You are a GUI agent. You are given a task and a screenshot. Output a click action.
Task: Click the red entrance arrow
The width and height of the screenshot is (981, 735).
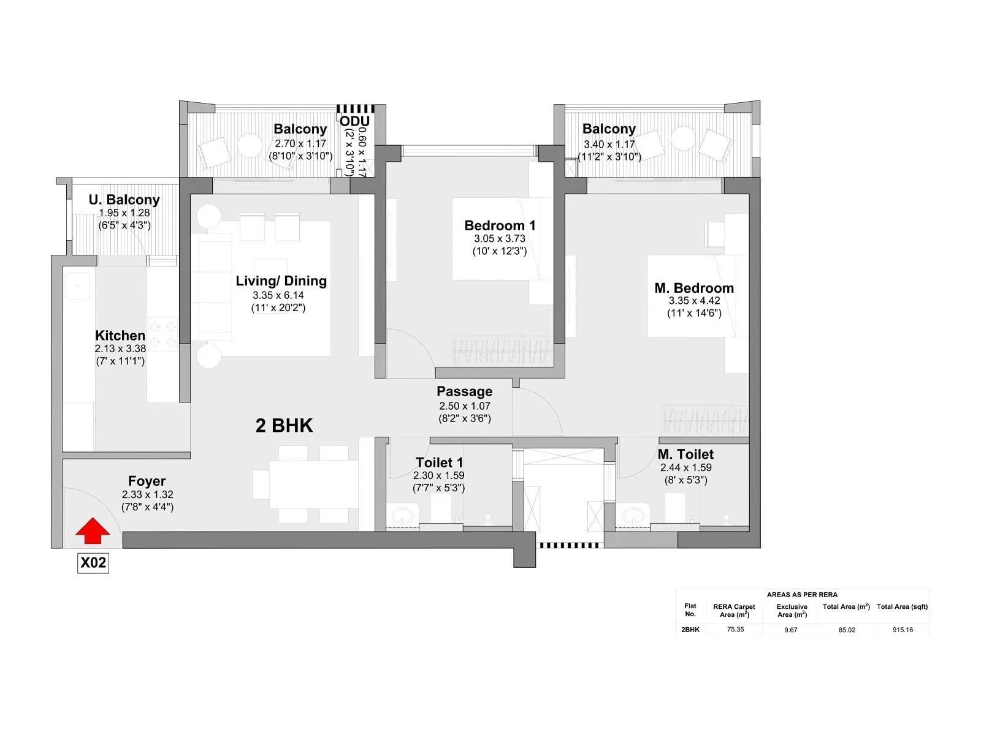click(93, 530)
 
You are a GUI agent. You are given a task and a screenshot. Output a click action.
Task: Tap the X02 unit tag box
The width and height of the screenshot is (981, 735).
click(93, 562)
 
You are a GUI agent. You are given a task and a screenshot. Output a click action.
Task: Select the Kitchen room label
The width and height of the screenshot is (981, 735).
click(120, 336)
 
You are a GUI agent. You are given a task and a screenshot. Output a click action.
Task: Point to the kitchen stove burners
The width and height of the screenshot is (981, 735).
click(162, 333)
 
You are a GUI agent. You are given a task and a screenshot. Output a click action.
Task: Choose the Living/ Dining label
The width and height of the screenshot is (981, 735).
click(281, 281)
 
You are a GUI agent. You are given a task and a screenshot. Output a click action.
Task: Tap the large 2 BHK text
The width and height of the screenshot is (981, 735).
click(284, 425)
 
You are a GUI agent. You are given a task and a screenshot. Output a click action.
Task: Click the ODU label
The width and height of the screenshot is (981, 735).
click(354, 121)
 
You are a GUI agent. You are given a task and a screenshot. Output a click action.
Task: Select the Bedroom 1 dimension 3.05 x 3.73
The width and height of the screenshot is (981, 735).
click(499, 239)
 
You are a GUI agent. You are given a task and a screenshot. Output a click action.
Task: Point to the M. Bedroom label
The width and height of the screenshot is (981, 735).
click(694, 288)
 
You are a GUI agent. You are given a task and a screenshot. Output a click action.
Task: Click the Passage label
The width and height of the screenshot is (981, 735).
click(464, 391)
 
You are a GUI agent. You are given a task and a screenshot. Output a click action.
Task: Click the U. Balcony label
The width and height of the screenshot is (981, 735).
click(124, 200)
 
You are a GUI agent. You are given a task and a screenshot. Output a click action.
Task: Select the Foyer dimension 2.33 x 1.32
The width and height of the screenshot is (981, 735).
click(147, 494)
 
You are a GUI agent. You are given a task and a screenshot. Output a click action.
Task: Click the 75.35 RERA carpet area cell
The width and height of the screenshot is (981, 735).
click(735, 630)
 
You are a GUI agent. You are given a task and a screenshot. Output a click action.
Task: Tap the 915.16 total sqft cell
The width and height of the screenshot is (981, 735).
click(903, 630)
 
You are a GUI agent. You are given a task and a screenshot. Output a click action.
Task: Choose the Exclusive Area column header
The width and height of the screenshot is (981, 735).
click(792, 610)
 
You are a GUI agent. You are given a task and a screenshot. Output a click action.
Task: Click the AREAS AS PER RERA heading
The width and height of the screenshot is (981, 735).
click(802, 595)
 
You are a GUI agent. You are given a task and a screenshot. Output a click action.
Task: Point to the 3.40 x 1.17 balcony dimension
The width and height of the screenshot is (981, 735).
click(609, 145)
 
